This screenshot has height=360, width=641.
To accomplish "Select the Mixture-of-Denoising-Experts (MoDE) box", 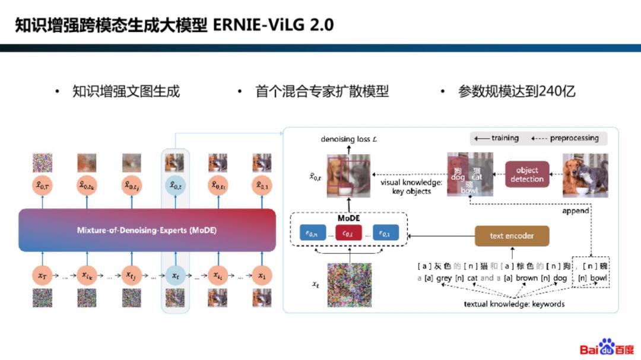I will click(x=147, y=230).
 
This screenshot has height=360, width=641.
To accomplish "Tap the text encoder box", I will click(x=512, y=235).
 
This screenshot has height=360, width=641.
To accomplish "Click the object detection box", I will click(x=527, y=174).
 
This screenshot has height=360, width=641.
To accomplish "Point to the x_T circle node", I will click(x=42, y=275).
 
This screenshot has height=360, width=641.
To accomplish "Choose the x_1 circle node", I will click(x=261, y=275).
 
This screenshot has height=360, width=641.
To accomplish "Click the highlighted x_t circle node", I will click(x=175, y=275).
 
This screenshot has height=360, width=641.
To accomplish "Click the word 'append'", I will click(x=576, y=211).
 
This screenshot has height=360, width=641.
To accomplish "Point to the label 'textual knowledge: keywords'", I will click(x=514, y=304).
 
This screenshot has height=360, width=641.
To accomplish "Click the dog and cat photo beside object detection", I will click(x=585, y=175).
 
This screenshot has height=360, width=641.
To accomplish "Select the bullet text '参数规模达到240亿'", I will click(x=516, y=91).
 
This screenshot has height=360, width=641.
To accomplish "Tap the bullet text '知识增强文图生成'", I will click(x=126, y=91).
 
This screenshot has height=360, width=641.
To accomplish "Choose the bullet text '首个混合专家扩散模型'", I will click(x=322, y=91).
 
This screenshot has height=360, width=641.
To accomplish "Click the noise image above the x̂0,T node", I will click(x=43, y=163).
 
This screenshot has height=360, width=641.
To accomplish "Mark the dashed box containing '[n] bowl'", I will click(x=591, y=272).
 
